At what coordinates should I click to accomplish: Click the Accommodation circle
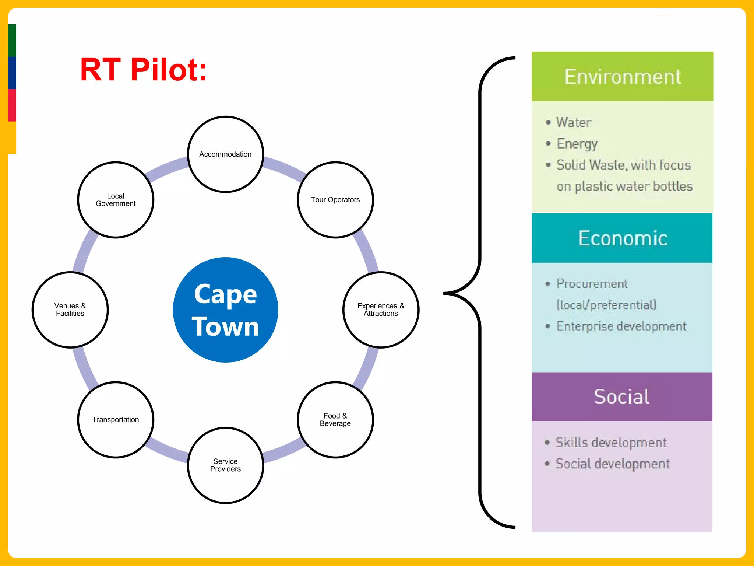point(225,154)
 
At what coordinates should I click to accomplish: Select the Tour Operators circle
point(335,200)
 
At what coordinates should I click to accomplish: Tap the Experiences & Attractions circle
point(381,310)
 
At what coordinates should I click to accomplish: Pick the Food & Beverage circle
point(335,420)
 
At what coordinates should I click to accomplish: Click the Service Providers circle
point(225,465)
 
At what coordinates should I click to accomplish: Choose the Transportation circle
point(116,420)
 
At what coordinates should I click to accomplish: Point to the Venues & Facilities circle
point(70,310)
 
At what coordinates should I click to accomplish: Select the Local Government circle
point(116,200)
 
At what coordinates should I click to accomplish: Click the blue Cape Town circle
point(225,310)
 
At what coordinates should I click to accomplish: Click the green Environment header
point(622,76)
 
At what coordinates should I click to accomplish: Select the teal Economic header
point(622,238)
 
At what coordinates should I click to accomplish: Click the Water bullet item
point(573,122)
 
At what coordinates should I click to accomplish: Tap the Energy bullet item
point(577,144)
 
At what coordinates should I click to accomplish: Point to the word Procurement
point(592,283)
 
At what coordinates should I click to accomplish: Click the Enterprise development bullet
point(621,326)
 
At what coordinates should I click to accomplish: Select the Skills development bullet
point(611,442)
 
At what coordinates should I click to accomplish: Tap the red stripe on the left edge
point(12,105)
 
